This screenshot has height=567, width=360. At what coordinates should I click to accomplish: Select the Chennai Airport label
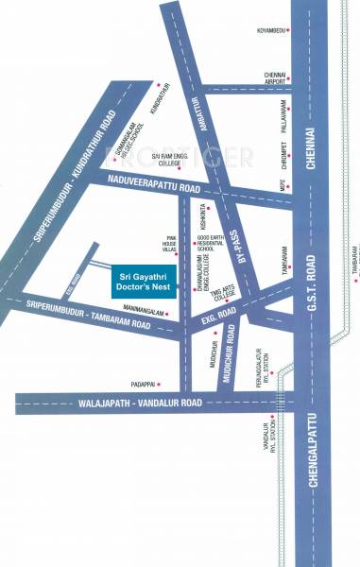[276, 78]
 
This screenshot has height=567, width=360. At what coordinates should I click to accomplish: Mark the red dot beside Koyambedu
[288, 30]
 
